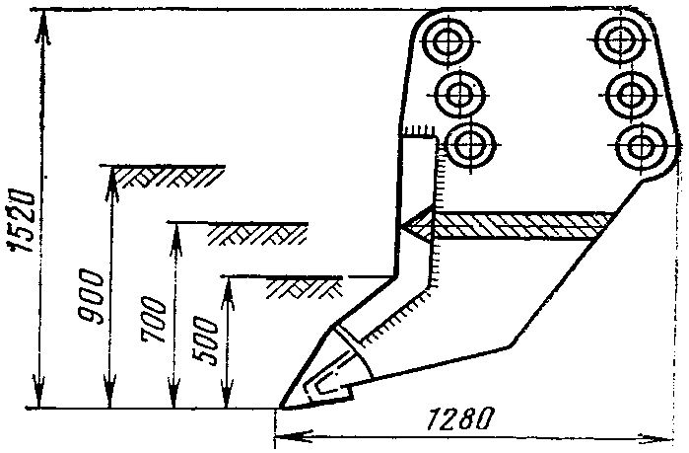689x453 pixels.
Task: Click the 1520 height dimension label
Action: tap(22, 221)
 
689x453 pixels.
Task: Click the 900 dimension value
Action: tap(91, 297)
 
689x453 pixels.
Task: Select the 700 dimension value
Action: tap(154, 320)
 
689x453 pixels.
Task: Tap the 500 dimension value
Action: tap(206, 340)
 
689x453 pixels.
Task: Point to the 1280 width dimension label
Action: tap(461, 418)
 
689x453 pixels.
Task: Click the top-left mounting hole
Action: tap(448, 40)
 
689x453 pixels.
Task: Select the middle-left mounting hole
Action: tap(459, 94)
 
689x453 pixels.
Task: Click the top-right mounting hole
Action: tap(620, 39)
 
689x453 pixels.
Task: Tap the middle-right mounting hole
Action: tap(631, 94)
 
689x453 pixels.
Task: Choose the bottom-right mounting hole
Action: tap(641, 146)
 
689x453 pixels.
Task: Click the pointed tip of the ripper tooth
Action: tap(282, 407)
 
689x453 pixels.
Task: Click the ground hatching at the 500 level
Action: tap(304, 287)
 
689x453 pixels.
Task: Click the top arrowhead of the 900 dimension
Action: tap(111, 182)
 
